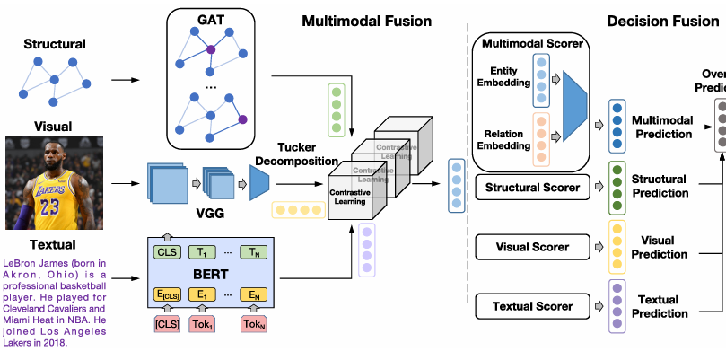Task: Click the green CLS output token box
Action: (167, 253)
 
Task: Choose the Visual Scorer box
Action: (532, 247)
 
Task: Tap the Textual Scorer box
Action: (532, 306)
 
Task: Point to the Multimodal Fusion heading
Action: (366, 21)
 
